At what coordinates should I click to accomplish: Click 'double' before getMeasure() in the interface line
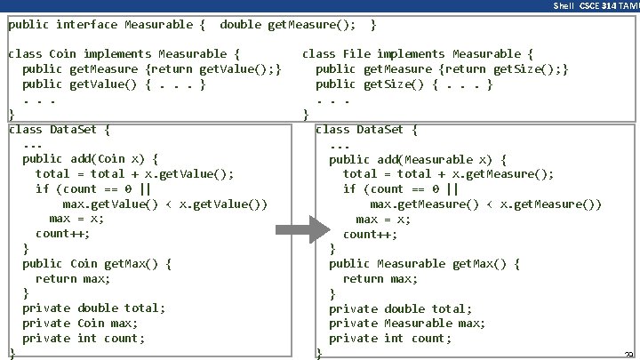pos(241,24)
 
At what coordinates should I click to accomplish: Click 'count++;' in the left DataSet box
pos(62,234)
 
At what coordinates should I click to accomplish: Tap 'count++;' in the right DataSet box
pos(370,235)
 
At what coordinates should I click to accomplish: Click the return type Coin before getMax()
pos(84,264)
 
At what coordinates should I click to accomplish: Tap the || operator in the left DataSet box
pos(144,188)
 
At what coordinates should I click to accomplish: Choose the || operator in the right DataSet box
pos(452,189)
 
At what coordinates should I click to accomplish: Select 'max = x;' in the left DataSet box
pos(76,219)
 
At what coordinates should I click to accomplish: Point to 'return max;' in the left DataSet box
pos(73,279)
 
